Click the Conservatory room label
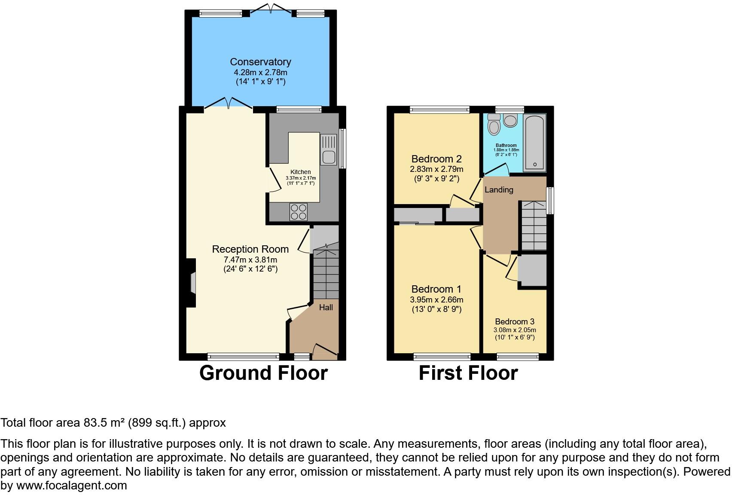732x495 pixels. pyautogui.click(x=260, y=62)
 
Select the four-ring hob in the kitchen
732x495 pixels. pyautogui.click(x=299, y=211)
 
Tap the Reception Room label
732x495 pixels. pyautogui.click(x=250, y=249)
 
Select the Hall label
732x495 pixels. pyautogui.click(x=326, y=308)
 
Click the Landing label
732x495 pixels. pyautogui.click(x=499, y=189)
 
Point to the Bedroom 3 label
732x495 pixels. pyautogui.click(x=515, y=321)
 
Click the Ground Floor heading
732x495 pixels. pyautogui.click(x=264, y=373)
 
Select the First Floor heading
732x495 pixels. pyautogui.click(x=468, y=373)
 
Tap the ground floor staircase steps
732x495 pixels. pyautogui.click(x=326, y=275)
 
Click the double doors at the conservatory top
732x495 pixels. pyautogui.click(x=271, y=9)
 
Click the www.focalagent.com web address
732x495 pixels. pyautogui.click(x=72, y=486)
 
